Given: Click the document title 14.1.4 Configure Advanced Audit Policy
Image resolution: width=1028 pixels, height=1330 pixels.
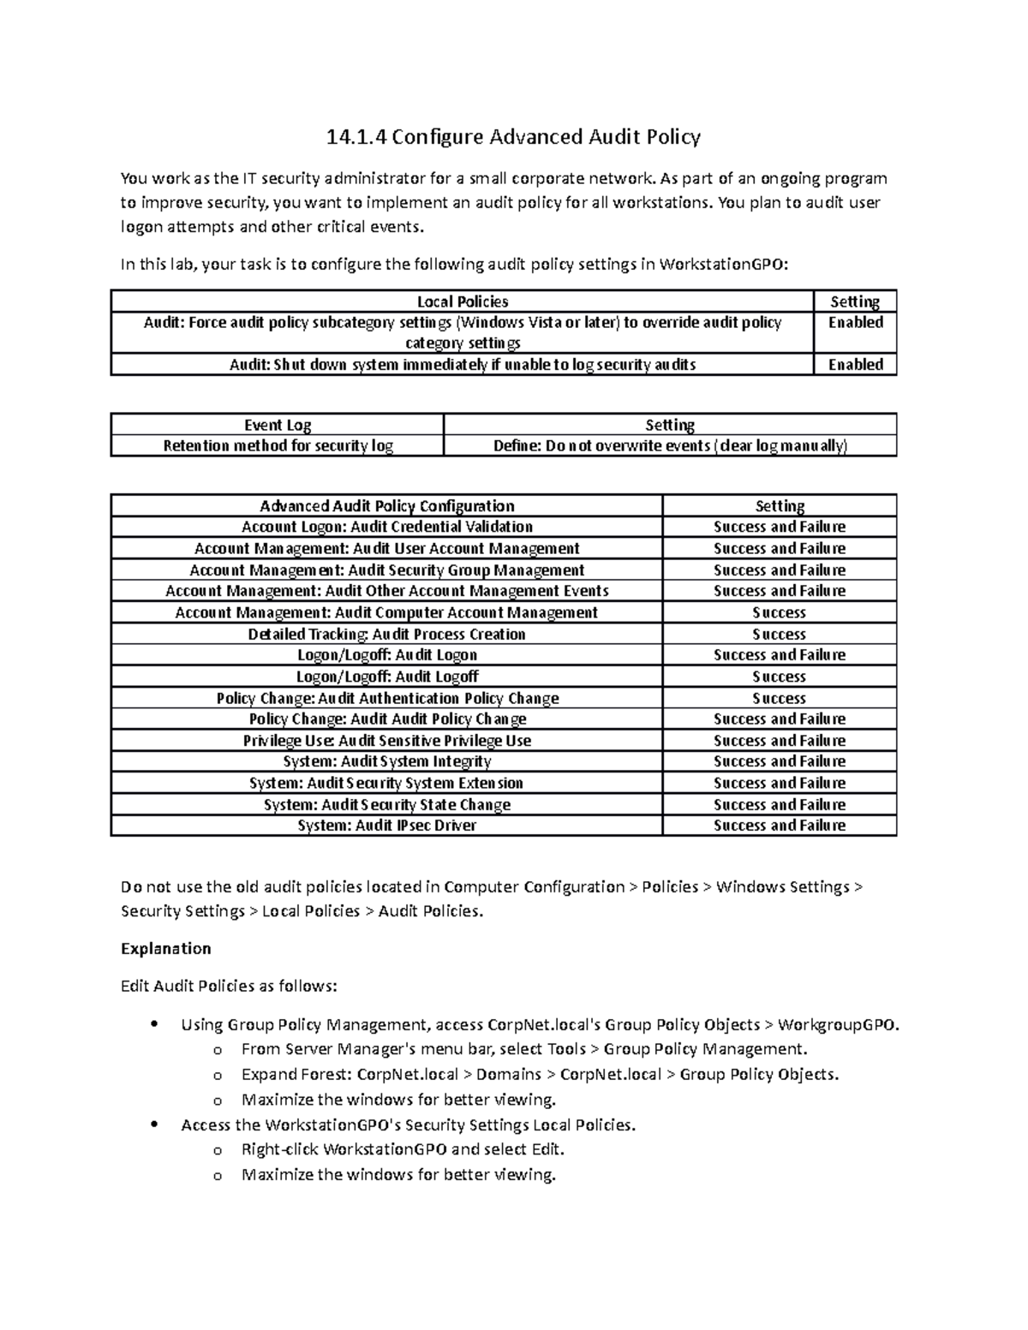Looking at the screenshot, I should point(513,136).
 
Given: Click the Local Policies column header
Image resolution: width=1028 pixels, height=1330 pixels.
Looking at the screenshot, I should point(463,301).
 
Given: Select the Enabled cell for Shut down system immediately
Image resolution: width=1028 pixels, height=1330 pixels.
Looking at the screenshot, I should point(855,365).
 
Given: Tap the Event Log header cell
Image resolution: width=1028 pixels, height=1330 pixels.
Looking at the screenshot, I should point(278,425).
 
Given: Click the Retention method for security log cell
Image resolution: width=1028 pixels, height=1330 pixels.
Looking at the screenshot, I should point(278,446).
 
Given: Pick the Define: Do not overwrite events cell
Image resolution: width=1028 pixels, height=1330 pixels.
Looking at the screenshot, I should point(670,446).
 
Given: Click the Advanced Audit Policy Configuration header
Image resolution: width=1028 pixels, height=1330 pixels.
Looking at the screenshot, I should point(386,506).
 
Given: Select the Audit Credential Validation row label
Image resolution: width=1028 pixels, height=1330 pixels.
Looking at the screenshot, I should point(386,528).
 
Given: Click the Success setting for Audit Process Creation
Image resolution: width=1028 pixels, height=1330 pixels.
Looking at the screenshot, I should point(779,635).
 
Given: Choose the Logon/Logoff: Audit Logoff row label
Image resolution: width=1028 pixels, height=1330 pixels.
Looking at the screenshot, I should point(386,677).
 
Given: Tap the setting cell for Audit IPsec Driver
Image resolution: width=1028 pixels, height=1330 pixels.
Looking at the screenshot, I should point(779,826).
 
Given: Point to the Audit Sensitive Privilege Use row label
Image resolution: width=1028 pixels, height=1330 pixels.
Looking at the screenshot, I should point(386,741).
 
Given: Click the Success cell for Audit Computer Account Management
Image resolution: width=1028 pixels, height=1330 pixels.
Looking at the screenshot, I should point(779,613).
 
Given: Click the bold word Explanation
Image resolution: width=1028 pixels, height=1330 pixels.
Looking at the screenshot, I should point(165,949).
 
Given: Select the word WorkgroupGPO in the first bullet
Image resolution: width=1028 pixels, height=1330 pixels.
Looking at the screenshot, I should point(838,1025).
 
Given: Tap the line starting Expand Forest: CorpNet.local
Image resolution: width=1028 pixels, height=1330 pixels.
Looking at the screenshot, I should point(540,1074).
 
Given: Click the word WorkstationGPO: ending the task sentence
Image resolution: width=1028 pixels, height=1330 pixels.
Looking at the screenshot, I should point(722,264).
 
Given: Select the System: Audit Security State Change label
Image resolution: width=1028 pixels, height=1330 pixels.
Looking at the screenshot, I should point(386,805).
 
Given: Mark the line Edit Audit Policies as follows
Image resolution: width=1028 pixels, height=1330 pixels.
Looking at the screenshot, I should point(229,987).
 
